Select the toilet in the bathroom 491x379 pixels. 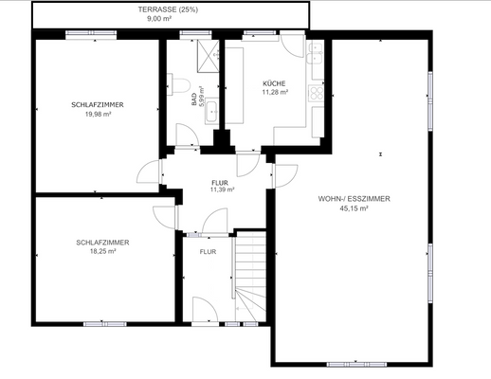[175, 85]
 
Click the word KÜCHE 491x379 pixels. [274, 83]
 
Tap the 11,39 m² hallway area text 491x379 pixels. [222, 189]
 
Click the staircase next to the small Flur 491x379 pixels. [252, 275]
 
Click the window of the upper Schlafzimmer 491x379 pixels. [85, 36]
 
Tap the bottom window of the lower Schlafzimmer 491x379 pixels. [103, 323]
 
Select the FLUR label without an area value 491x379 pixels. [208, 252]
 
